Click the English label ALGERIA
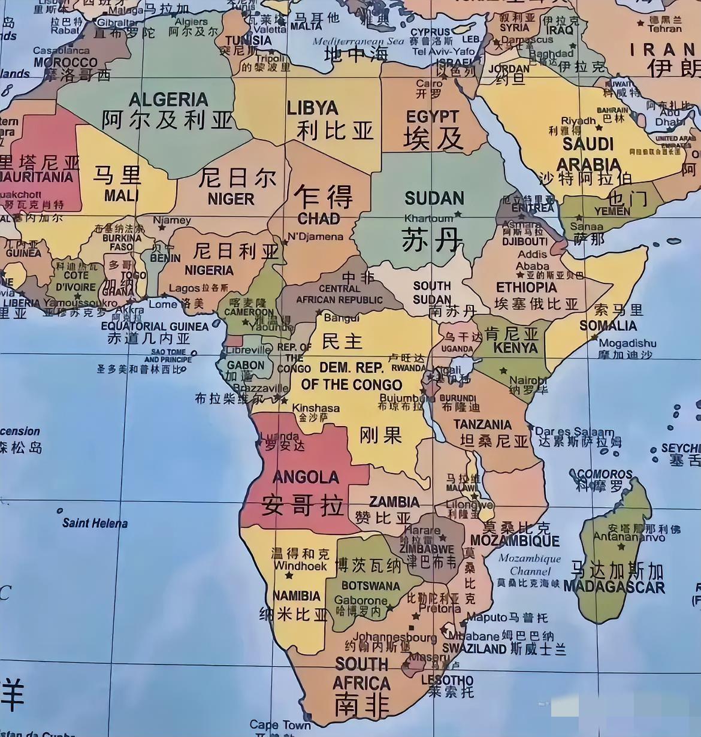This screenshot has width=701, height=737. tap(168, 99)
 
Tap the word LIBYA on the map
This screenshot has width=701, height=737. tap(312, 108)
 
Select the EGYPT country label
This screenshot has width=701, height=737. tap(432, 117)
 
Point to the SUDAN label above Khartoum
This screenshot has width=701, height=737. tap(434, 198)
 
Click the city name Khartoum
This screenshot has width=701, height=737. tap(428, 218)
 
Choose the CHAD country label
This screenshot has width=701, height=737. tap(319, 219)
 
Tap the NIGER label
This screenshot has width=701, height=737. tap(231, 198)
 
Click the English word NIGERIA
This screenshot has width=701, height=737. tap(209, 270)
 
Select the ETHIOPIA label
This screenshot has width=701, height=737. tap(526, 287)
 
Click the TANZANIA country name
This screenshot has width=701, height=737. tap(482, 425)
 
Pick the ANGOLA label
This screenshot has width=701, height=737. tap(306, 477)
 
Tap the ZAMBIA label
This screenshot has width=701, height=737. tap(394, 502)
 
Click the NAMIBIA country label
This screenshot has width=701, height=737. tap(297, 596)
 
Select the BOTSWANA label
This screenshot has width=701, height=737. tap(370, 585)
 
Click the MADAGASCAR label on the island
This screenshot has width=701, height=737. tap(614, 587)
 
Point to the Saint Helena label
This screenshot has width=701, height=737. tap(95, 523)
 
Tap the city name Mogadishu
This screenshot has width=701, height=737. tap(627, 343)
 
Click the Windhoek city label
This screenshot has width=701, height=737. tap(300, 566)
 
